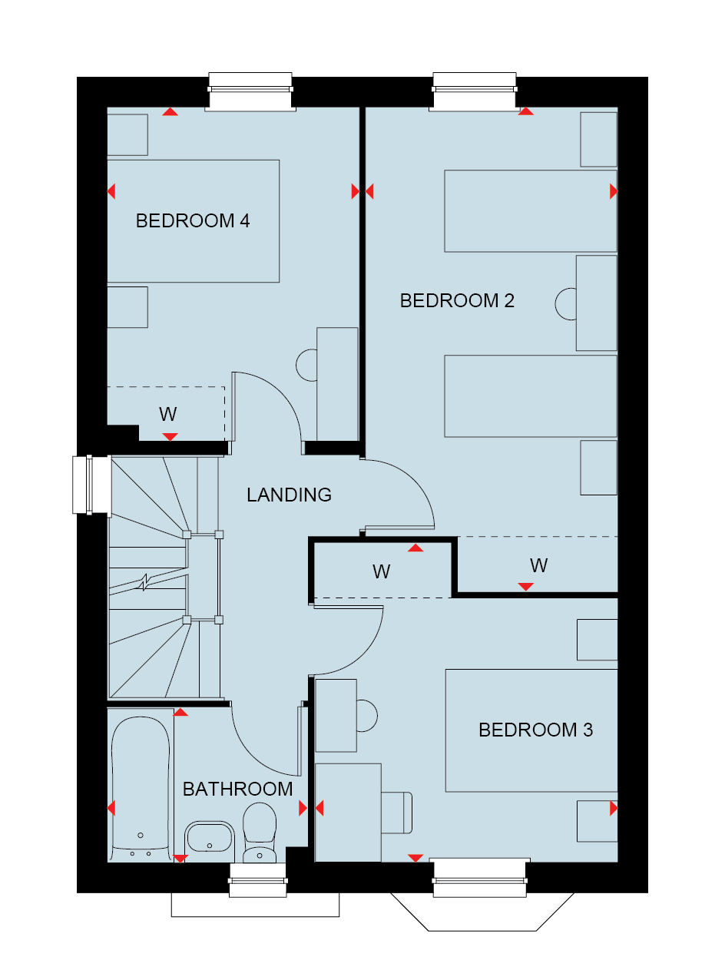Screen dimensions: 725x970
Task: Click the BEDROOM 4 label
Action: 192,220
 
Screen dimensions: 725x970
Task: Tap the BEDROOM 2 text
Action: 457,300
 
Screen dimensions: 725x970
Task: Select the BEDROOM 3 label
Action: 535,730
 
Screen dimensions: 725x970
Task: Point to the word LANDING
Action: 289,495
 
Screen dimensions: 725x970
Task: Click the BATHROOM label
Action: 237,789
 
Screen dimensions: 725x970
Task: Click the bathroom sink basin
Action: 210,837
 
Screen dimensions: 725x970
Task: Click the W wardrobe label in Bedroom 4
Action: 168,414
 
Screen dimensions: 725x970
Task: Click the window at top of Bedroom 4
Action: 250,91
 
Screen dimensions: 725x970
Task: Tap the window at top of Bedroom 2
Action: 475,91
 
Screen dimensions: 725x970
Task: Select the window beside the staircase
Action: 92,485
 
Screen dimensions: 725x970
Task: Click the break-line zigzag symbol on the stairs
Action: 145,583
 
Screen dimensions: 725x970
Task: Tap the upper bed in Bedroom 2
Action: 531,210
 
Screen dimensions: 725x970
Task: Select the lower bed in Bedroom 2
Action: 531,396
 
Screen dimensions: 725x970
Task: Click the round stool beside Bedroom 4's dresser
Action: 306,365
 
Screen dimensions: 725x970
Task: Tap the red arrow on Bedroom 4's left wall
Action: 111,191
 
